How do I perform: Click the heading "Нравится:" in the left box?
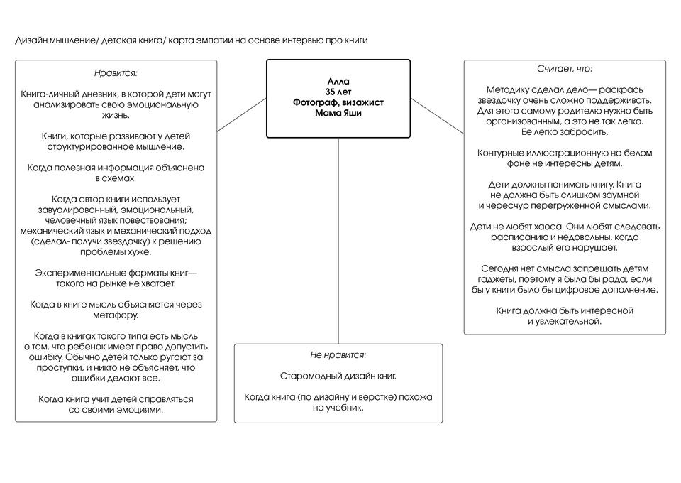pos(116,73)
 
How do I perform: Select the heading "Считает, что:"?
pos(565,69)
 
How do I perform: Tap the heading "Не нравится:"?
pos(338,354)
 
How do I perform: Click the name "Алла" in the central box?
pos(338,82)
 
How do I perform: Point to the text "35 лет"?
pos(338,92)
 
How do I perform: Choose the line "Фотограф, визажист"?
pos(338,103)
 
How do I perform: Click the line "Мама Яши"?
pos(338,113)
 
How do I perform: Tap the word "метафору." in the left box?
pos(116,315)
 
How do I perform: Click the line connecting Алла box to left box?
pos(241,116)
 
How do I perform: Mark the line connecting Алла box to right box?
pos(437,115)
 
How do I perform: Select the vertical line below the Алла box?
pos(338,241)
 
